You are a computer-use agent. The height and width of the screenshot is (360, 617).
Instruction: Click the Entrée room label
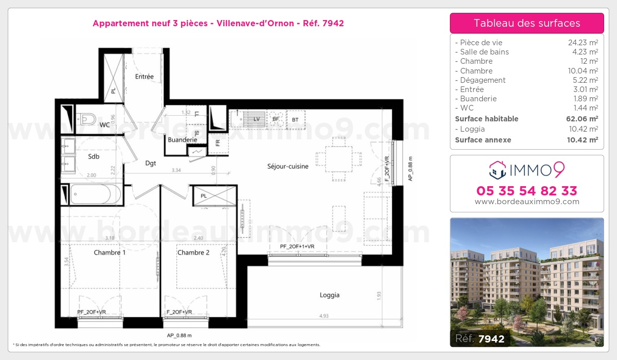(144, 77)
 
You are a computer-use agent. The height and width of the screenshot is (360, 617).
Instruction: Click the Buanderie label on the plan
(183, 139)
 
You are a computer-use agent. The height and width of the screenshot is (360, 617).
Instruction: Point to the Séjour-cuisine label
(287, 166)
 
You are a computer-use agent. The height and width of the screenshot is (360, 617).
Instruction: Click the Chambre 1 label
(110, 253)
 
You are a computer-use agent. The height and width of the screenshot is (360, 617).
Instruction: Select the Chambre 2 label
(193, 253)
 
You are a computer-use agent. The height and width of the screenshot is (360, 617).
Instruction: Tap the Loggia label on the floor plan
(329, 295)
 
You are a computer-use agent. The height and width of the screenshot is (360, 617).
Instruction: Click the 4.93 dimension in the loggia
(324, 316)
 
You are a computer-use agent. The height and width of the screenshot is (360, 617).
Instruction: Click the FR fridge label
(218, 143)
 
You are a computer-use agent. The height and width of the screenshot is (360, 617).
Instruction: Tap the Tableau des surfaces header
(527, 23)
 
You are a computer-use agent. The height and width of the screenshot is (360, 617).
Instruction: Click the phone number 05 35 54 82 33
(527, 191)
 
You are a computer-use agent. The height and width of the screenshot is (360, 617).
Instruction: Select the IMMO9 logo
(527, 169)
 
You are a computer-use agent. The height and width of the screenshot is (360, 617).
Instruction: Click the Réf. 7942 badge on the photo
(480, 338)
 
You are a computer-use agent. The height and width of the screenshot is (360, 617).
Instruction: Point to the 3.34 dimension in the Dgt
(176, 170)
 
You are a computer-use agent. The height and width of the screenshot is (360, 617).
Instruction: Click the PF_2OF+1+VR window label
(297, 247)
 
